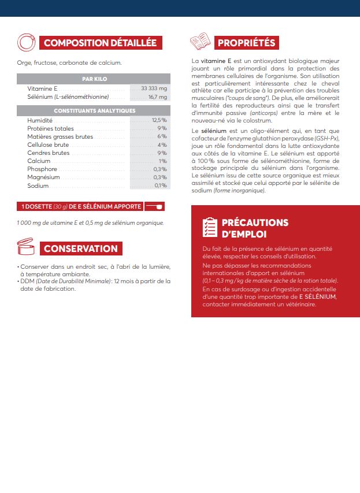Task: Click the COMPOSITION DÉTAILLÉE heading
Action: tap(100, 43)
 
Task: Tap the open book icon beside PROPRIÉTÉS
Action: tap(200, 42)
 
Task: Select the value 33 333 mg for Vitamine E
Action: tap(154, 88)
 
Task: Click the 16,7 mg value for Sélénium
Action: tap(157, 97)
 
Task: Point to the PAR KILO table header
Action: tap(94, 79)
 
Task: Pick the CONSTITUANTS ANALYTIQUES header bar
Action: tap(94, 110)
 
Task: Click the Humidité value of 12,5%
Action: tap(159, 120)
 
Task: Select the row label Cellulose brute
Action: tap(49, 144)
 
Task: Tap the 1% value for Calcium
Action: tap(162, 161)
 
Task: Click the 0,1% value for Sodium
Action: tap(160, 186)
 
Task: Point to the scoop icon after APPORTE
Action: tap(155, 206)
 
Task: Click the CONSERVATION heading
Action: tap(80, 249)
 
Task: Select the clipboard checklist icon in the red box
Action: tap(209, 228)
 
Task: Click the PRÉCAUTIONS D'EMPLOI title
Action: tap(255, 228)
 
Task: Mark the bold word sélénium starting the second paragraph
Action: tap(210, 131)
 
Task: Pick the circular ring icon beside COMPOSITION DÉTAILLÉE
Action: tap(26, 42)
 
